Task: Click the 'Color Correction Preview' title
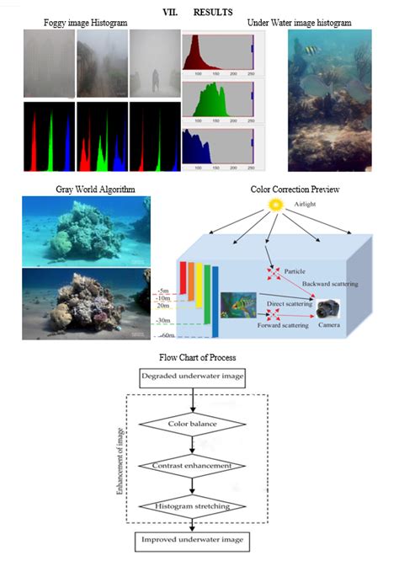pos(295,190)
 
